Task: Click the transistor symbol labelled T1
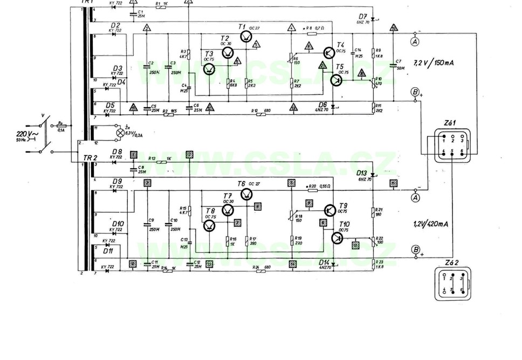tap(246, 37)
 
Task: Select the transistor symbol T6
tap(246, 194)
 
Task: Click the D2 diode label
tap(115, 25)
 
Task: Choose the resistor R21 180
tap(373, 212)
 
